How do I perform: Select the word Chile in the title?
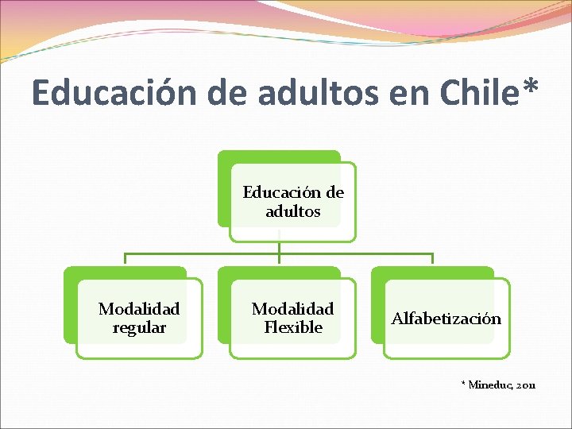coord(462,92)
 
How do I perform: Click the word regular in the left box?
coord(139,327)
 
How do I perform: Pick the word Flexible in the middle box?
coord(292,327)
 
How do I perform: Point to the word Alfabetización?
coord(446,319)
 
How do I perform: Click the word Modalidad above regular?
coord(139,308)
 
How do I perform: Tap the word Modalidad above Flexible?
coord(292,308)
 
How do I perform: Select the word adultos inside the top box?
coord(292,211)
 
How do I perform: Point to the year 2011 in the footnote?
coord(525,385)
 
